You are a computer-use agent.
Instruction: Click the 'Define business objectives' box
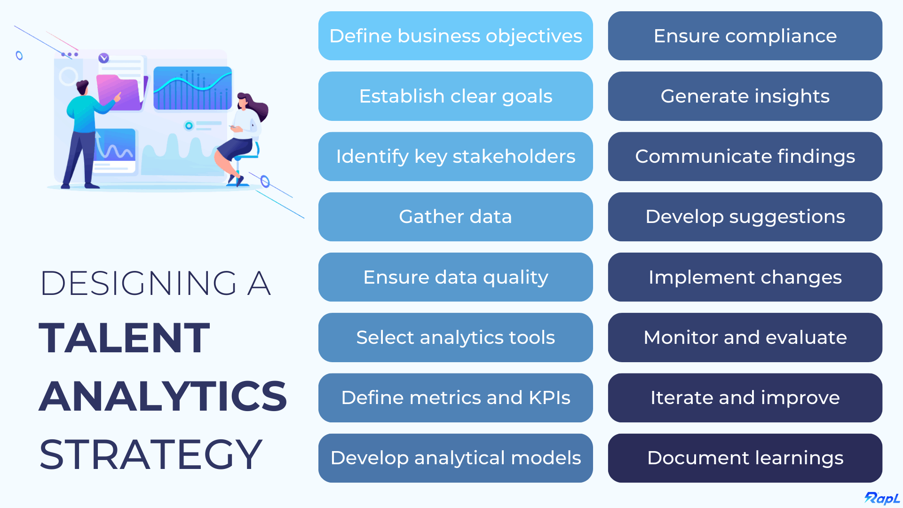(x=455, y=36)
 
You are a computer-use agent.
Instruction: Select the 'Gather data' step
(x=455, y=217)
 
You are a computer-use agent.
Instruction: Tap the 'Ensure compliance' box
(x=745, y=36)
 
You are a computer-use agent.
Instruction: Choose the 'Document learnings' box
(x=745, y=458)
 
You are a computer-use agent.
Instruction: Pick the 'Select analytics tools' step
(x=455, y=338)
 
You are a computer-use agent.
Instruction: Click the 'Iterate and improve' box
(x=745, y=398)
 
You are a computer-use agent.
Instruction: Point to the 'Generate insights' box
(x=745, y=96)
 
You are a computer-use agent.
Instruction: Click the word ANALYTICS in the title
(x=163, y=396)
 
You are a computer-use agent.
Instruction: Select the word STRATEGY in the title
(x=150, y=454)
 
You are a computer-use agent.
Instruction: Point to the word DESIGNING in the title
(x=139, y=283)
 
